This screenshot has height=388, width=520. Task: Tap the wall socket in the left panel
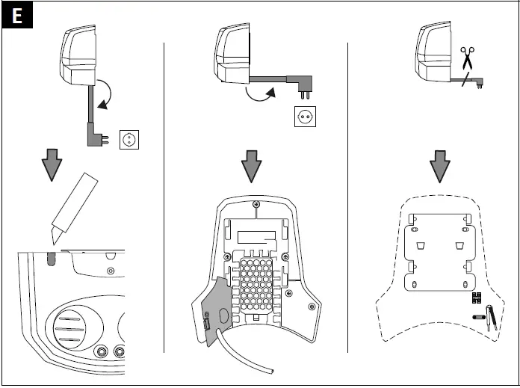130,139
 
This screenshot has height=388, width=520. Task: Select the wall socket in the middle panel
305,116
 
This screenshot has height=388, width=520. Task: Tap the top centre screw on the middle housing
257,203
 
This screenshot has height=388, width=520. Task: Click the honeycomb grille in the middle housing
258,284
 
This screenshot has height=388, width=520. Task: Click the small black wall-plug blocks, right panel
476,298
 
